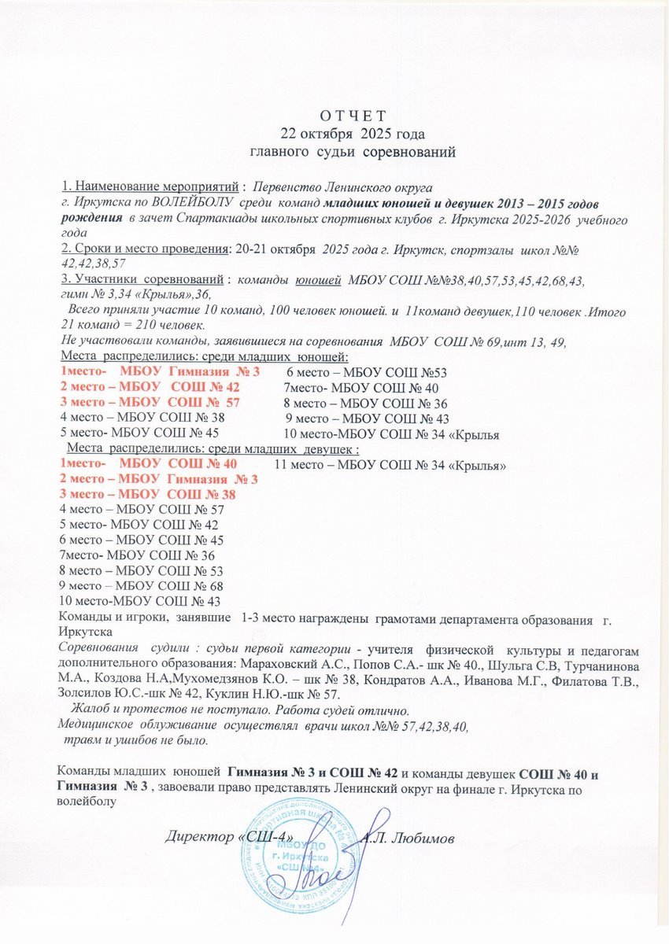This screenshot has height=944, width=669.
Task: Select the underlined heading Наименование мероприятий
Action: (150, 186)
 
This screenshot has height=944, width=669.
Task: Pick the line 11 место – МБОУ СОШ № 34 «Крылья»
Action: (390, 465)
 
